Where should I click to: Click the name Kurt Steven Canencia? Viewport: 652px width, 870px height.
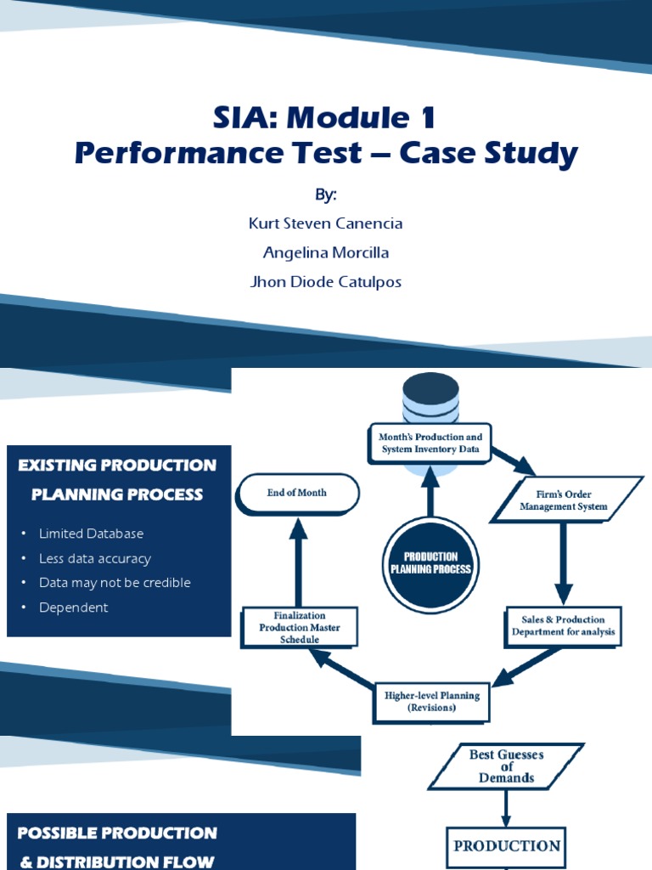325,224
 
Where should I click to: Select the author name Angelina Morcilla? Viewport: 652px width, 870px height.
325,253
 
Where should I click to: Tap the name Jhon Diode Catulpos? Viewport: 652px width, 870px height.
325,282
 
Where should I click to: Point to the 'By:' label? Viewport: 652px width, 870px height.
326,195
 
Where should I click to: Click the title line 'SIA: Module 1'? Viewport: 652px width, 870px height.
326,118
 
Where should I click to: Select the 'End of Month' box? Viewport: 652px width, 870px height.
296,493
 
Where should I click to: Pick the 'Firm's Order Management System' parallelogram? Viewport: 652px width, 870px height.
563,500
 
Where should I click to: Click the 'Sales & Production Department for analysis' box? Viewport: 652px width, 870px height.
564,626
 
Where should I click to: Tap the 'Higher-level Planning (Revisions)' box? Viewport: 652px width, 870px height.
431,701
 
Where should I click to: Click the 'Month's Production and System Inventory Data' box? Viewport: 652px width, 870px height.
430,443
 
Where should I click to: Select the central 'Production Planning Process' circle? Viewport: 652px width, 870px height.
430,562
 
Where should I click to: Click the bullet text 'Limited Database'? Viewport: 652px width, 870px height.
91,534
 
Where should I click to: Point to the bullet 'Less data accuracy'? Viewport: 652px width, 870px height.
94,558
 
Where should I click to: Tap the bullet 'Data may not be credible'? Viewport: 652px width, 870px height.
115,583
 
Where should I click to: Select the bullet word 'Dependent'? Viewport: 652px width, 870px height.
74,607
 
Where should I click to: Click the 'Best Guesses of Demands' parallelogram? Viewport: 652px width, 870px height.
506,766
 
